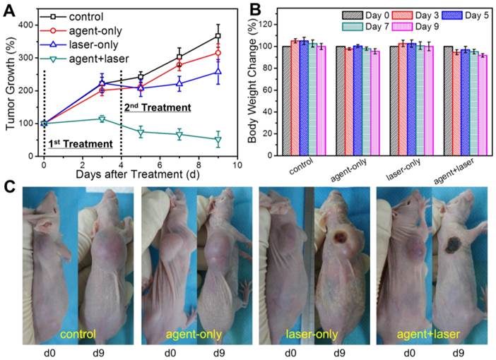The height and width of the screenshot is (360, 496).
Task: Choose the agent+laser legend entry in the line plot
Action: [98, 57]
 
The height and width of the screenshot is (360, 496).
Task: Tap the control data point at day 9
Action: [218, 35]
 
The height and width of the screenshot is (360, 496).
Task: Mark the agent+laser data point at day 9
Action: [218, 140]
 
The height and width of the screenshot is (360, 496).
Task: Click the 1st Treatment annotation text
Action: [81, 143]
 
